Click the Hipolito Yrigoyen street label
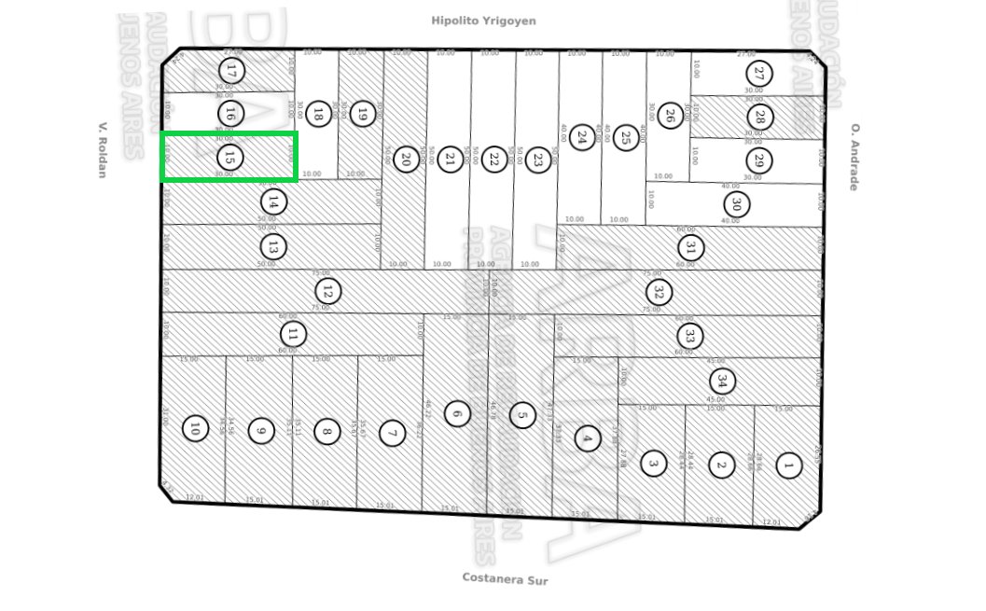(483, 20)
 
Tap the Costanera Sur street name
(505, 578)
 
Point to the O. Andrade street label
(853, 157)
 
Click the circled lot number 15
(229, 157)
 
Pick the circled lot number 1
(788, 465)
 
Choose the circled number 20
(405, 159)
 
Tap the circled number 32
(659, 291)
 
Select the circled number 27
(760, 74)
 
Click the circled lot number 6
(456, 412)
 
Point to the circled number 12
(327, 291)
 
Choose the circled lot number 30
(737, 203)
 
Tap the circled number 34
(721, 381)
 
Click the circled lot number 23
(536, 160)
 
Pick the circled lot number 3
(654, 463)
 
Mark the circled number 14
(273, 201)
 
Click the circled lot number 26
(669, 117)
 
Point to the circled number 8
(326, 431)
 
